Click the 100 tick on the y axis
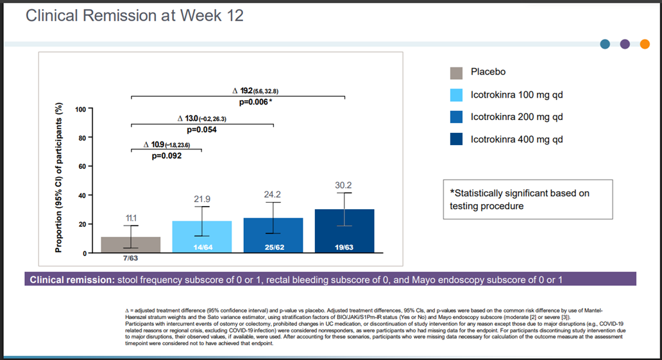click(x=80, y=109)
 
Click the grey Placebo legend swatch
click(x=456, y=73)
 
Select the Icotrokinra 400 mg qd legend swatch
click(x=456, y=139)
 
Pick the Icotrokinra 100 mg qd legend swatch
click(x=456, y=95)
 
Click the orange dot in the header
click(x=644, y=44)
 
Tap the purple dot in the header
click(x=625, y=44)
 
